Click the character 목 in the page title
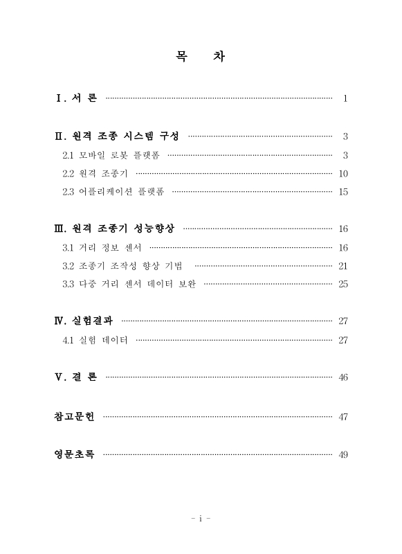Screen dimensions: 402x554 pos(182,56)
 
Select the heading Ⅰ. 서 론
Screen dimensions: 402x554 pos(76,98)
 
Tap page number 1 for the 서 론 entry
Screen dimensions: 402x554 pos(345,98)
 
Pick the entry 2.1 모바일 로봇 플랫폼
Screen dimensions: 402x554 pos(111,154)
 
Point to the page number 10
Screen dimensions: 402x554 pos(343,173)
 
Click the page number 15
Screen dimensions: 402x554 pos(343,192)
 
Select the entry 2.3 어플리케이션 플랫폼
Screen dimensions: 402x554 pos(113,192)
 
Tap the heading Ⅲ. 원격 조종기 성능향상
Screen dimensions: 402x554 pos(114,229)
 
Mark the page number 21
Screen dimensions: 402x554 pos(343,266)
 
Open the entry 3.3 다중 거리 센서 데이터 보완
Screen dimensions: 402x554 pos(129,285)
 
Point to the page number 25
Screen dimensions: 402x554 pos(343,285)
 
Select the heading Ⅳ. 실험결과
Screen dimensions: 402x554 pos(84,321)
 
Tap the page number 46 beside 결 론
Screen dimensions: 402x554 pos(343,377)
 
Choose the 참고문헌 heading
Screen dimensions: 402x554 pos(74,416)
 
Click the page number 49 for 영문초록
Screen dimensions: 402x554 pos(343,454)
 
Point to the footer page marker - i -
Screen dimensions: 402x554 pos(201,517)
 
